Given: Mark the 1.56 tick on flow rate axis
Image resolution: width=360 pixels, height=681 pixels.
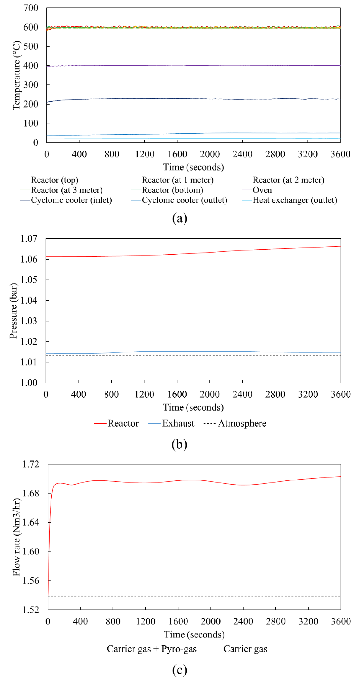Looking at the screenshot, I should click(x=31, y=581).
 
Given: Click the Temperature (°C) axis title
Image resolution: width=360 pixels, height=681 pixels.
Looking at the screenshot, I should click(x=16, y=75).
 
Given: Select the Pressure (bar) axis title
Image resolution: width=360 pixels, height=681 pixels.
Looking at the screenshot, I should click(x=13, y=311).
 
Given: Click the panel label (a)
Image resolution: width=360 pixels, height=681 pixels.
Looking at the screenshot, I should click(x=180, y=218).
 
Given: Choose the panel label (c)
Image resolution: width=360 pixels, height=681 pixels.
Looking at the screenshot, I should click(x=180, y=670).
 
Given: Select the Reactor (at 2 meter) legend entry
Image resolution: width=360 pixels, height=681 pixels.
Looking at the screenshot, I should click(x=288, y=180).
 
